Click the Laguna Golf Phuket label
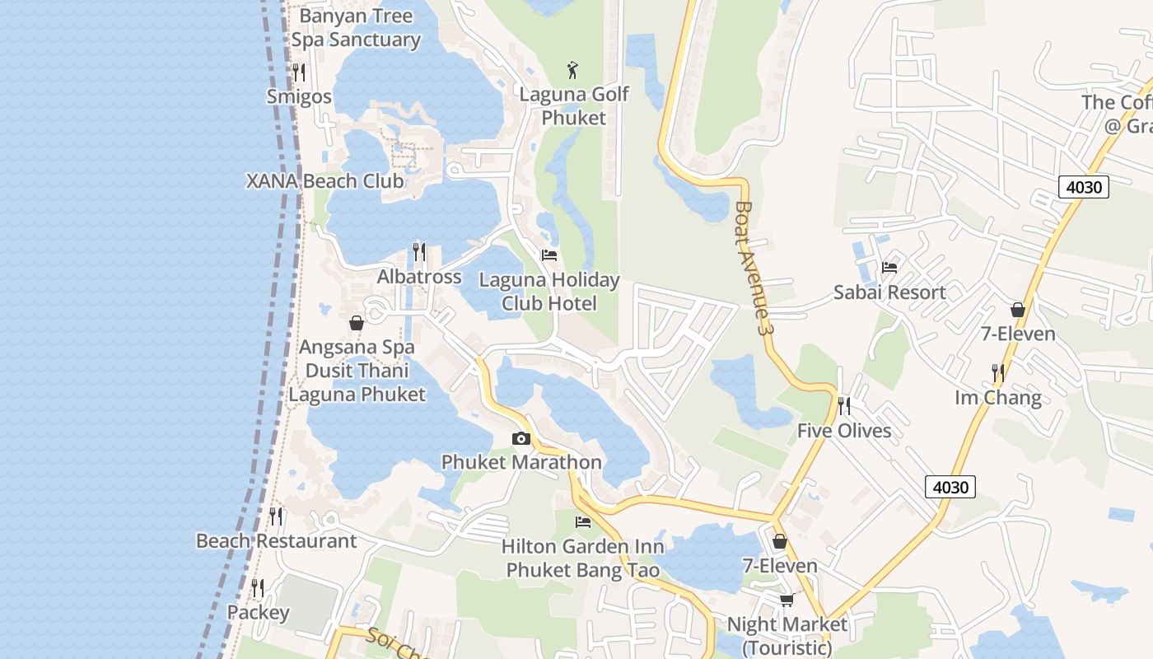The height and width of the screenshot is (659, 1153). [574, 106]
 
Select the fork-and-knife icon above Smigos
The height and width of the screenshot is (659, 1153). [299, 72]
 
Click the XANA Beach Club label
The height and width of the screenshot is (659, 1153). [325, 181]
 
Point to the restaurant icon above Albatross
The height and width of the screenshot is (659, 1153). [419, 251]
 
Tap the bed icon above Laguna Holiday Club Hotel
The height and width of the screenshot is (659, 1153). [549, 255]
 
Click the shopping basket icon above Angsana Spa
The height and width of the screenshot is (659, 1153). [357, 323]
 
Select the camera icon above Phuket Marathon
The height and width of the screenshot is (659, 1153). [520, 438]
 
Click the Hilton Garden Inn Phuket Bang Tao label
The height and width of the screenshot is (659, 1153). [582, 558]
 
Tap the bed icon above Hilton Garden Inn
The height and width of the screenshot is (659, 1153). [583, 521]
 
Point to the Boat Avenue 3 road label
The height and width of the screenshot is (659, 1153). [754, 268]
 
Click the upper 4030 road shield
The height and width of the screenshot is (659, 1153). [1083, 187]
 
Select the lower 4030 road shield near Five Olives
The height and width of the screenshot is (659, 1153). [950, 487]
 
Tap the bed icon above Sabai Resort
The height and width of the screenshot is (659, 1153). [889, 267]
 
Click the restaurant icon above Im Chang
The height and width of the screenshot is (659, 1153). [998, 373]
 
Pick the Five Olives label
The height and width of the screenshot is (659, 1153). [844, 431]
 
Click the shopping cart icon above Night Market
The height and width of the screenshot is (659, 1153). [787, 600]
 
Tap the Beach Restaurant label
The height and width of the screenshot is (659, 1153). [276, 541]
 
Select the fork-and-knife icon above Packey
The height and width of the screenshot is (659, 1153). [258, 588]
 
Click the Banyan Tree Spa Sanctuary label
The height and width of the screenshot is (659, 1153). [356, 28]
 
